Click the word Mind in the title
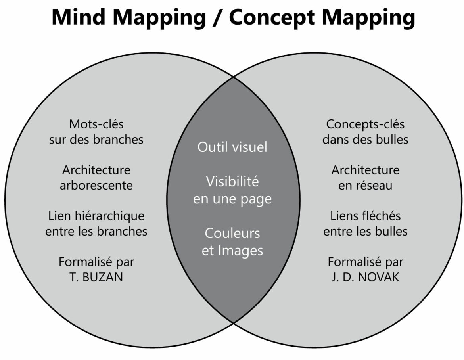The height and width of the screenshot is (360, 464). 79,17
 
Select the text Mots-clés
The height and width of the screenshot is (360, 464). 96,124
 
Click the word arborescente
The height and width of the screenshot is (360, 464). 96,186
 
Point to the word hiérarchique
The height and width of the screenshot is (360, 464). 110,216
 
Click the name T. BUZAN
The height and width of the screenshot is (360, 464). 96,277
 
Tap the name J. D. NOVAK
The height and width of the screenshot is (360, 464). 365,277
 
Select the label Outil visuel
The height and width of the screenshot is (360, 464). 232,147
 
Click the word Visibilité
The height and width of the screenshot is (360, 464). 232,181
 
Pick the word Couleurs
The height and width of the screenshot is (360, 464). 232,233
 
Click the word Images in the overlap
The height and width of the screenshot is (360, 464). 241,251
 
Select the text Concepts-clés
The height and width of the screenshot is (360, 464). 365,124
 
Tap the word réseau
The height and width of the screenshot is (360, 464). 374,186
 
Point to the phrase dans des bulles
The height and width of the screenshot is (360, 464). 365,139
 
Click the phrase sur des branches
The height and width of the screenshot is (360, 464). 96,139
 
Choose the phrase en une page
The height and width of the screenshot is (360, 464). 232,199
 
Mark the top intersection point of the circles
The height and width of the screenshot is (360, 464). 234,77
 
